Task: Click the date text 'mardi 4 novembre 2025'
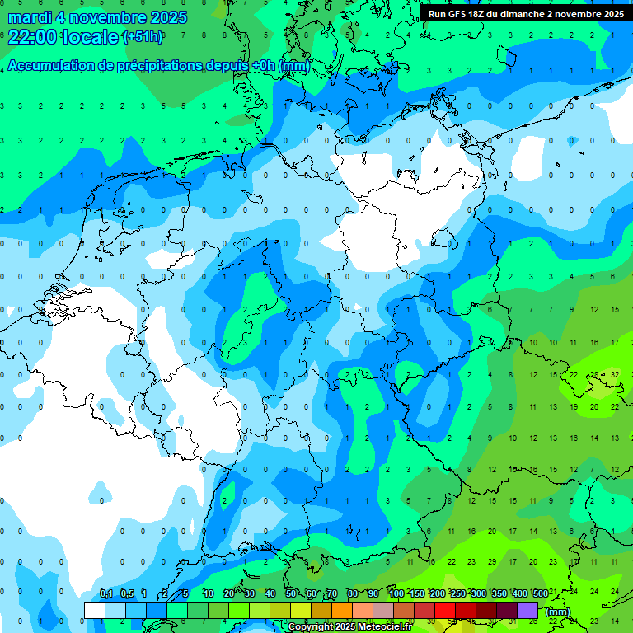[x=97, y=17]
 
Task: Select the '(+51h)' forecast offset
[x=143, y=37]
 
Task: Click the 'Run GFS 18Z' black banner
[x=526, y=14]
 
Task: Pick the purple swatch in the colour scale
[x=527, y=610]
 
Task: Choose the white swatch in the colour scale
[x=95, y=610]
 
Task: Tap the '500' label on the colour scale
[x=540, y=594]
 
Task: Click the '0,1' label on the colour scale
[x=105, y=594]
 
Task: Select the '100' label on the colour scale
[x=396, y=594]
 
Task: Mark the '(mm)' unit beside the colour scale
[x=558, y=612]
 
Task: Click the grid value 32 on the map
[x=615, y=374]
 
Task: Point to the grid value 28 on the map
[x=594, y=374]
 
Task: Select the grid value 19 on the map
[x=574, y=407]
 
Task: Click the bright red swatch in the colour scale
[x=445, y=610]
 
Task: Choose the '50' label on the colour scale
[x=291, y=594]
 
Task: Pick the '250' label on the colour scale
[x=457, y=594]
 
